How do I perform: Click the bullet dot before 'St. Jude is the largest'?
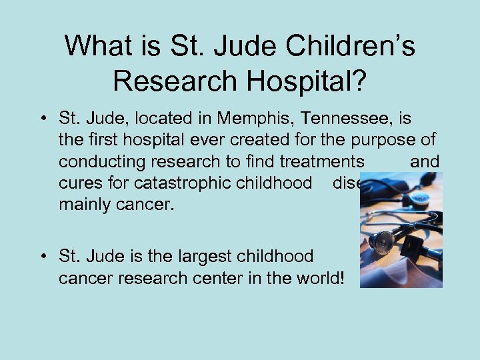coord(42,255)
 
